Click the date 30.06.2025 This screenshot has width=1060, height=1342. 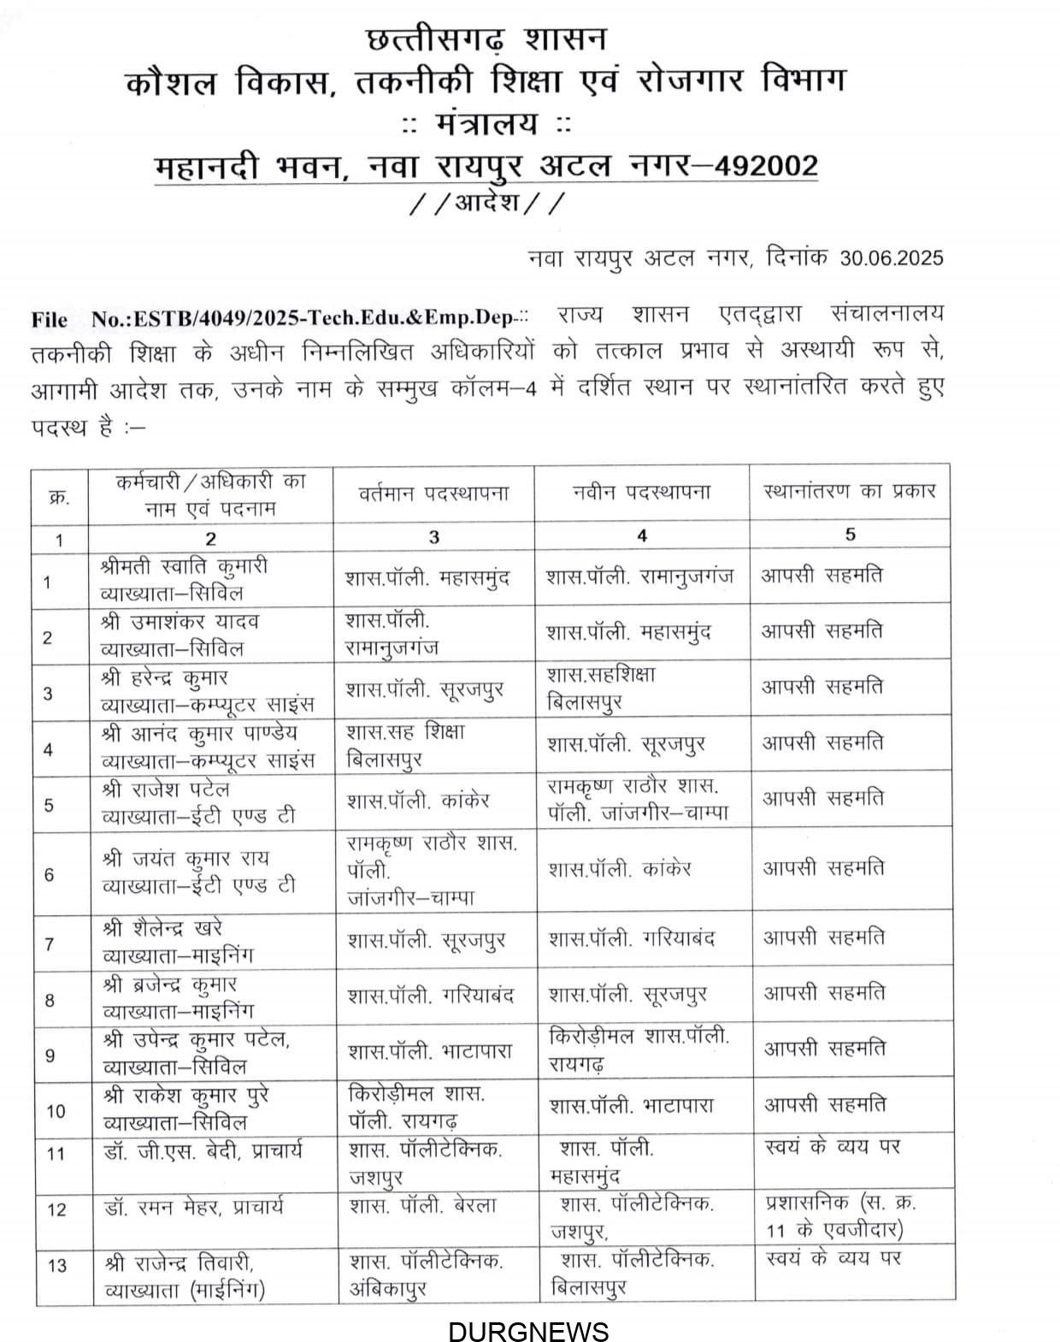point(892,257)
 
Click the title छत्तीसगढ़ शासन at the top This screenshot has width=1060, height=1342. point(486,39)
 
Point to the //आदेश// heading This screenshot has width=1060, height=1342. point(486,204)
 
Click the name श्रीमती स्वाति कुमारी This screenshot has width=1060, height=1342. point(184,566)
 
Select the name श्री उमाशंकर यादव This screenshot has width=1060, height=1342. point(180,622)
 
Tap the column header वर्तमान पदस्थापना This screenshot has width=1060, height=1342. point(433,494)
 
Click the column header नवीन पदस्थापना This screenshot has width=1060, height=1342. point(642,493)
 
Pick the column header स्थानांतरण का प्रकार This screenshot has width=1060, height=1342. point(850,492)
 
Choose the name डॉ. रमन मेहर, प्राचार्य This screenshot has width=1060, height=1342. point(193,1208)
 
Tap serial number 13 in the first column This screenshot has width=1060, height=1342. point(57,1265)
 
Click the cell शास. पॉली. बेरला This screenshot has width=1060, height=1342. point(422,1206)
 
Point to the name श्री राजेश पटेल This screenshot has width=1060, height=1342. point(165,789)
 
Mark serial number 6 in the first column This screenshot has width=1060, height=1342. point(49,875)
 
